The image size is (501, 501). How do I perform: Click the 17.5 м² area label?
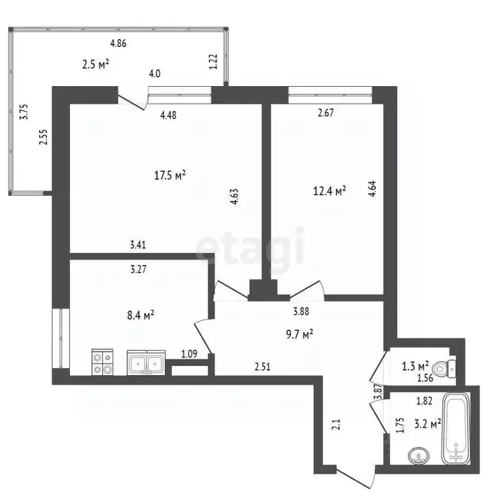pos(170,175)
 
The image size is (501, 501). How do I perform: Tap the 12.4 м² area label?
pos(329,191)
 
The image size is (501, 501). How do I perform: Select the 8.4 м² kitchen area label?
pos(141,316)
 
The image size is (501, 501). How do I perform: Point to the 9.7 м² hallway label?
pos(299,335)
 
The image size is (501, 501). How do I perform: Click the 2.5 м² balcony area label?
pos(96,65)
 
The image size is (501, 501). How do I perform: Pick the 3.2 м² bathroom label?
pos(428,425)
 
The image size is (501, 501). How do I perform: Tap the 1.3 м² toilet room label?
pos(416,366)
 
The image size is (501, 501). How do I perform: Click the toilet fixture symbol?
pos(446,369)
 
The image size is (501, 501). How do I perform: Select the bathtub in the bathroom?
pos(456,428)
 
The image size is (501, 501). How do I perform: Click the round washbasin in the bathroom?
pos(419,455)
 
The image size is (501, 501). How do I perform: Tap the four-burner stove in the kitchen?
pos(102,362)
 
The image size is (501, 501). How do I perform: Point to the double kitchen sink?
pos(146,362)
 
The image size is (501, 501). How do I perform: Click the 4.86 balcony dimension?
pos(118,43)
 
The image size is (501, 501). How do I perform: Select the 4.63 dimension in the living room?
pos(234,197)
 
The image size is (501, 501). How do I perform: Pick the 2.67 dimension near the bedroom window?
pos(326,113)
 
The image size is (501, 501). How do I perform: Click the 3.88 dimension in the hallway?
pos(301,311)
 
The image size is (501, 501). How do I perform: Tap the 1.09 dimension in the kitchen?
pos(189,354)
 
